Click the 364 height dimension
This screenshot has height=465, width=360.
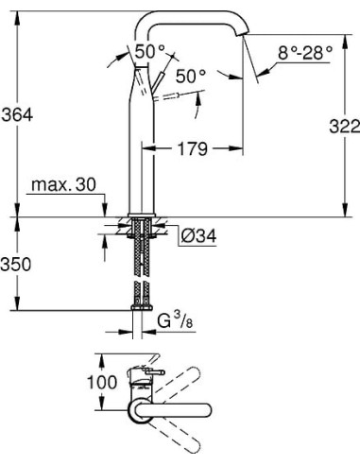coord(18,114)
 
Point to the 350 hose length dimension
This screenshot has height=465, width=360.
coord(18,264)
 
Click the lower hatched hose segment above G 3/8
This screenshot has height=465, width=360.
coord(142,292)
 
